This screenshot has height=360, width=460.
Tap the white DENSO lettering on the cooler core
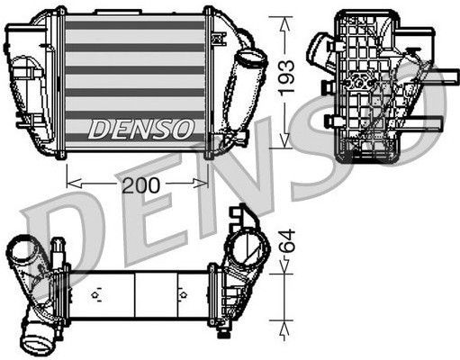click(x=140, y=128)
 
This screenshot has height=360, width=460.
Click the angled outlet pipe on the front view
click(x=248, y=86)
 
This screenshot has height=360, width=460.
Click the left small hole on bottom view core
click(x=94, y=293)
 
